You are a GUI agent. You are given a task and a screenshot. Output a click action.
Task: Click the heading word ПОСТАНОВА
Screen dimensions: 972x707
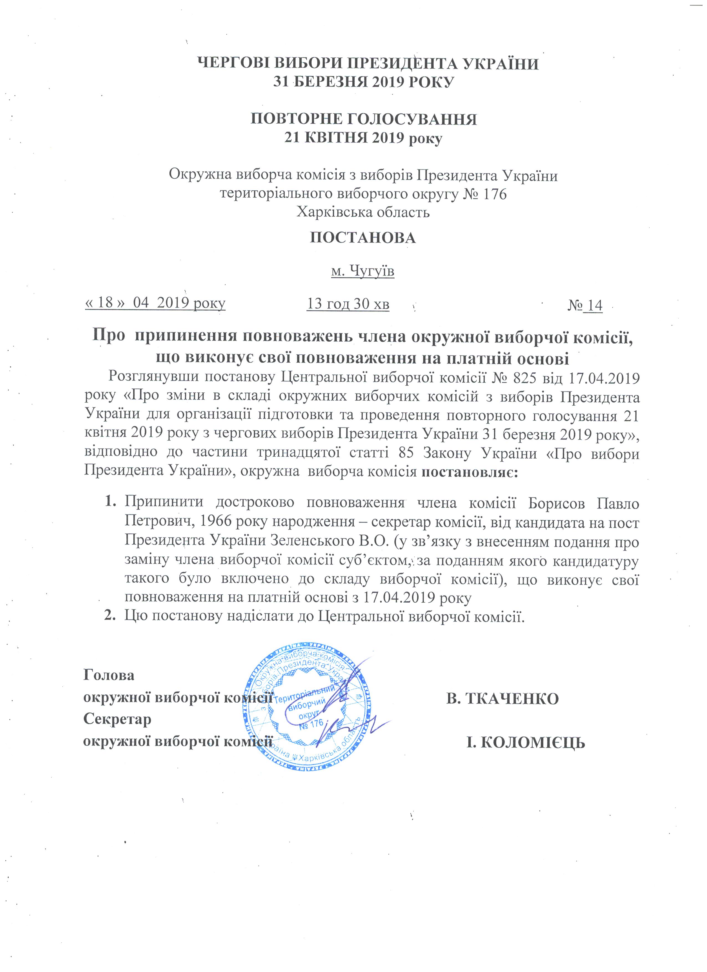(363, 238)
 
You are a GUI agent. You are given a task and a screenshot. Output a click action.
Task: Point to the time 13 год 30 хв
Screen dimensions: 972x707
(348, 304)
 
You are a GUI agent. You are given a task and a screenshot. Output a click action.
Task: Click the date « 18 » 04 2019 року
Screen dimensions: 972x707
(155, 303)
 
